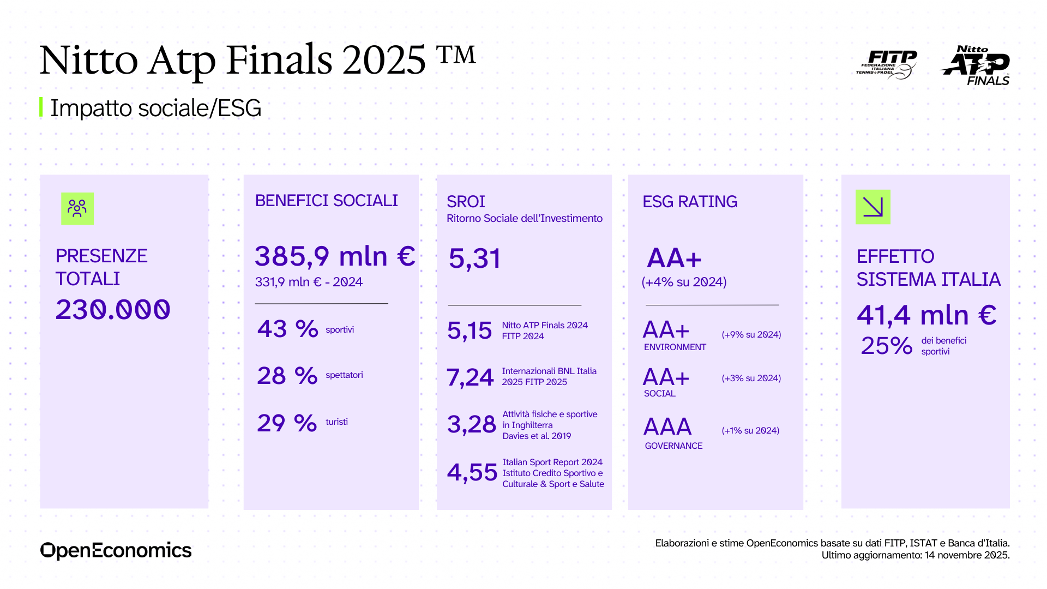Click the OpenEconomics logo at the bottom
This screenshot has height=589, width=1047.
(x=116, y=550)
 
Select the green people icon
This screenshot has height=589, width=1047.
(x=77, y=208)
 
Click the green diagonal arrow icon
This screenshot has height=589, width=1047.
(x=872, y=207)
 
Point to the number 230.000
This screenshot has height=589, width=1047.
(x=113, y=310)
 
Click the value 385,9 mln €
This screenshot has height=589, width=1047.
(x=335, y=256)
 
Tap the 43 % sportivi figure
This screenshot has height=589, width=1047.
(x=287, y=329)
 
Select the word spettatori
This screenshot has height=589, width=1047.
(x=344, y=375)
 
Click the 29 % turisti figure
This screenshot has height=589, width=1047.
(x=287, y=423)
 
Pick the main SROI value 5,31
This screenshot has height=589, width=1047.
(x=474, y=259)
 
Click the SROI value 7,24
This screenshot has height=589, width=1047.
(x=470, y=377)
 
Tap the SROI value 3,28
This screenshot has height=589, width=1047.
(x=471, y=424)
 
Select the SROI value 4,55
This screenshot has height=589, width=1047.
(x=472, y=472)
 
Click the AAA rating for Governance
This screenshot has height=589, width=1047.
(x=667, y=426)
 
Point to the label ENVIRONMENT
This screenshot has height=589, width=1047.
(x=675, y=347)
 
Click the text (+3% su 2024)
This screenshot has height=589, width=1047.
(x=751, y=378)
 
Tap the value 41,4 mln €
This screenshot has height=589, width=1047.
(x=926, y=315)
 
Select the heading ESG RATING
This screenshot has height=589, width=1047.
(x=690, y=202)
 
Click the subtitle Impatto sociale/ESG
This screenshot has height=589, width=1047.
(x=156, y=108)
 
